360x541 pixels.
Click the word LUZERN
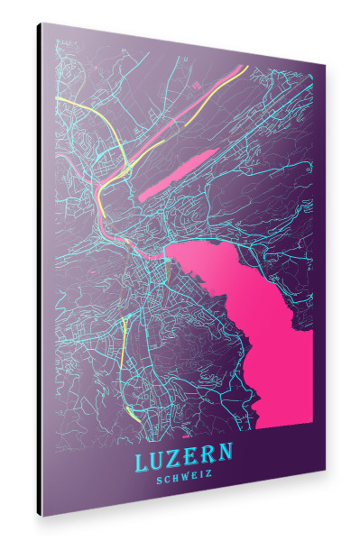coord(183,458)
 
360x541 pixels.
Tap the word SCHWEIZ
coord(184,479)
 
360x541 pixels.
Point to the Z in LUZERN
coord(175,459)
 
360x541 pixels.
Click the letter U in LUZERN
coord(158,460)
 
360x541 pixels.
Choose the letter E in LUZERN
coord(192,457)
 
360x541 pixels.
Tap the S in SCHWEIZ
coord(159,481)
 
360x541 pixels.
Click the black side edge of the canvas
coord(40,270)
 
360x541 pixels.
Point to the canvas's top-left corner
coord(41,23)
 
